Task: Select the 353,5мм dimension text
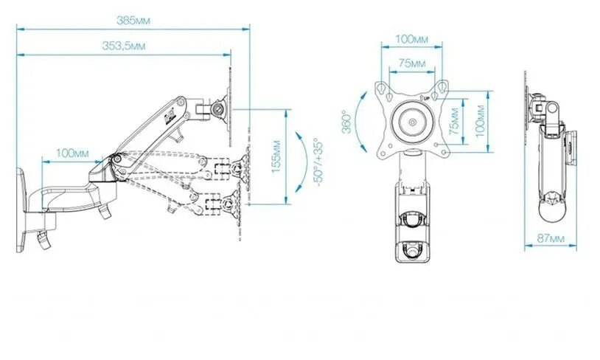click(x=123, y=46)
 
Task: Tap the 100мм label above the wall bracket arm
click(x=71, y=153)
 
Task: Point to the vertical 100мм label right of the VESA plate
click(x=481, y=120)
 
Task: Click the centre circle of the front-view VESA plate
click(x=412, y=120)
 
